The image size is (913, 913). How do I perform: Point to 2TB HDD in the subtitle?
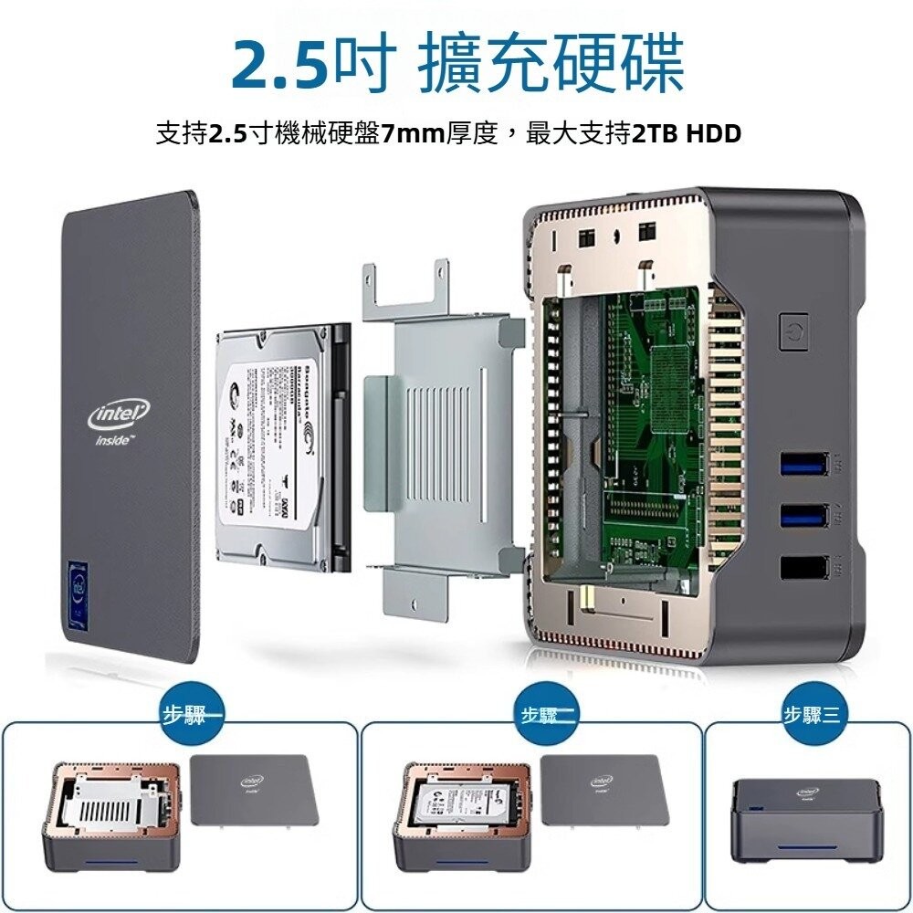click(686, 134)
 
